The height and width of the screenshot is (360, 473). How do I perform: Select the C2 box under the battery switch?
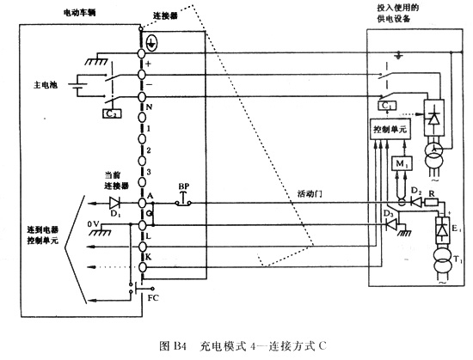[111, 113]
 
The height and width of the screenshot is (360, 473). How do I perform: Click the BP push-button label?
[183, 186]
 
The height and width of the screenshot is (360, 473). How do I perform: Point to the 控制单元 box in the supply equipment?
[392, 127]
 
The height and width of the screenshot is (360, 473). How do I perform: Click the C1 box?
[386, 106]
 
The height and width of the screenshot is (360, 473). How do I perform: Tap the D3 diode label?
[388, 212]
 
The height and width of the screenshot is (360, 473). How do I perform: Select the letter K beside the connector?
[150, 256]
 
